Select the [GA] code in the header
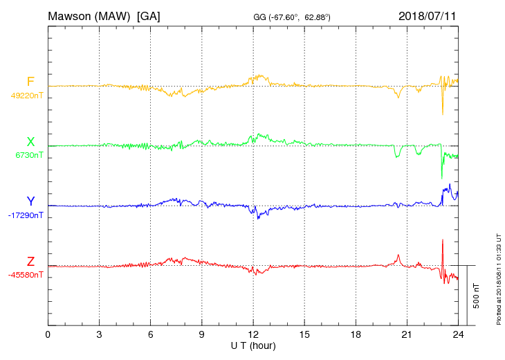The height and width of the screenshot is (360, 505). coord(149,15)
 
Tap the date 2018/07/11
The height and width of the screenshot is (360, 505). coord(428,15)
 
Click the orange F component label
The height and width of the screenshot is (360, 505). coord(30,82)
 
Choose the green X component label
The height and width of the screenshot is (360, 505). coord(30,142)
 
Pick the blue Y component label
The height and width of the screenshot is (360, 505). coord(30,201)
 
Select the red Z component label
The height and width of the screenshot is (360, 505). coord(30,262)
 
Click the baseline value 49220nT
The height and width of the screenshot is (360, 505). coord(27,96)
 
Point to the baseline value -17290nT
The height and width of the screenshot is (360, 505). coord(26,215)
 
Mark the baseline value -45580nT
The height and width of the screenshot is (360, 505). coord(26,275)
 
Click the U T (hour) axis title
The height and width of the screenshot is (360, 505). coord(253,345)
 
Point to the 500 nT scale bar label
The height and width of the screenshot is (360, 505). coord(477,296)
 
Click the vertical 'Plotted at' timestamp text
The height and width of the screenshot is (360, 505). coord(499,277)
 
